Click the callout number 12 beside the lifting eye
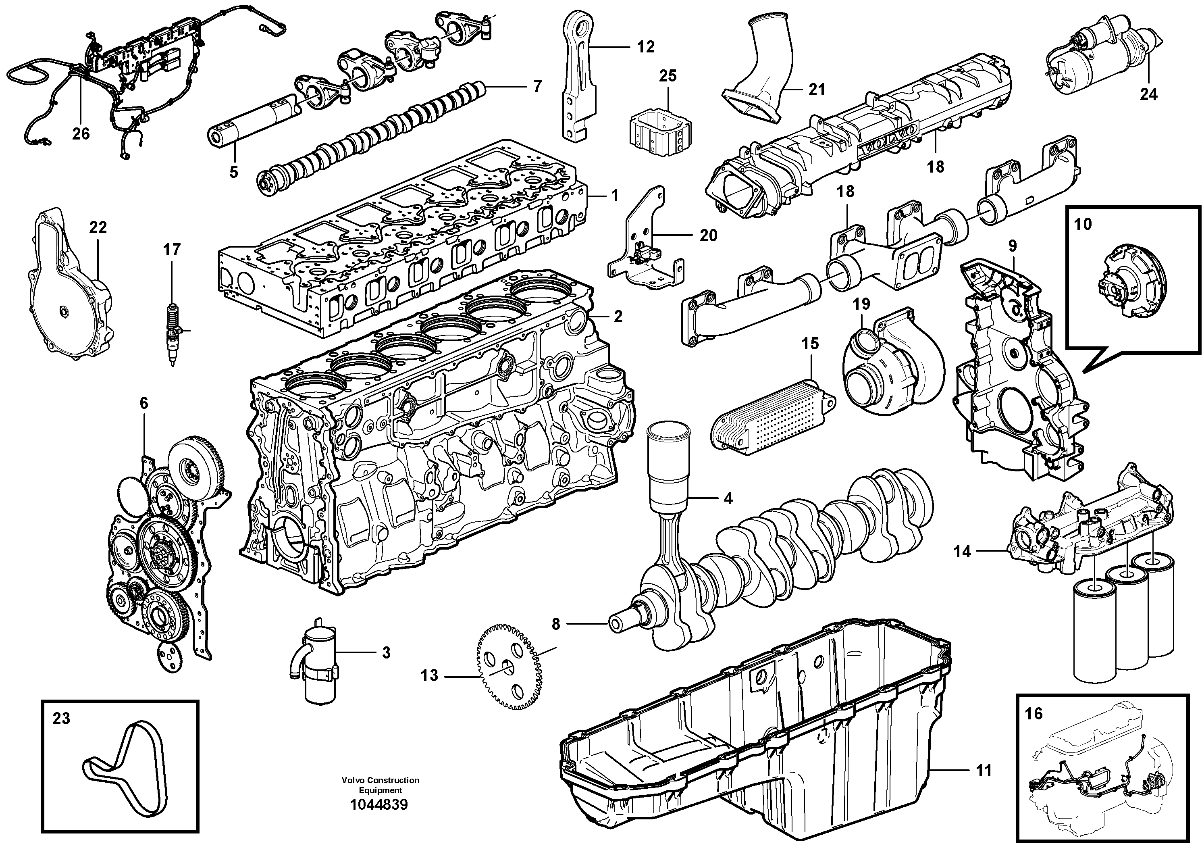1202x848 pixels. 646,47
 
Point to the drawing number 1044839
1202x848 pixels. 380,804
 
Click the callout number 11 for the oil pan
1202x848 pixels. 984,771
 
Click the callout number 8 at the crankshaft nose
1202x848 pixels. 555,624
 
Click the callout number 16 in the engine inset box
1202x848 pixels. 1034,713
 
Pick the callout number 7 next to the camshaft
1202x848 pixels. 537,86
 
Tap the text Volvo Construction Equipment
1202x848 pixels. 380,785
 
